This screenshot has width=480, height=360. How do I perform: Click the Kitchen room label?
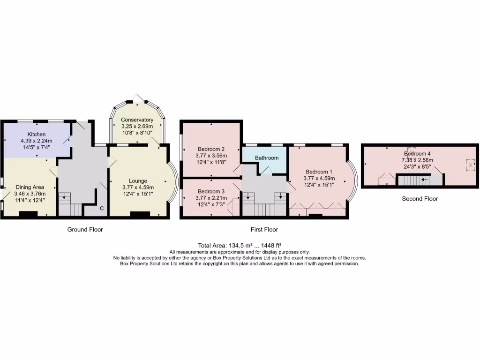36,135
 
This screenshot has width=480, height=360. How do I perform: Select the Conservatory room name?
137,120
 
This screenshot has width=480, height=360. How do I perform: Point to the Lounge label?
138,181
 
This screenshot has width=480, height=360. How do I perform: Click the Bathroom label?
267,158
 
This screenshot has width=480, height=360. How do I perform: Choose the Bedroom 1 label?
319,172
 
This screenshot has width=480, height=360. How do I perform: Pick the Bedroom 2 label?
211,150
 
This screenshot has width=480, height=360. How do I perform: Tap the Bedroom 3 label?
211,191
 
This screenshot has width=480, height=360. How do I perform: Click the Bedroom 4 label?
417,154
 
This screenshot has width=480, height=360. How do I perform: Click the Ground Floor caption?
85,230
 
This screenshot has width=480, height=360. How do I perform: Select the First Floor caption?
264,230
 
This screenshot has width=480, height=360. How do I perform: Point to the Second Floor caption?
420,199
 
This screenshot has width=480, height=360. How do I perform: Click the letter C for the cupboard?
101,209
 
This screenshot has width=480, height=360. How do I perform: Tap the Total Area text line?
240,245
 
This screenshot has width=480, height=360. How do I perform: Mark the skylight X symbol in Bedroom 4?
470,165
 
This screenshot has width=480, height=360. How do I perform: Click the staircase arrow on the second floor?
425,180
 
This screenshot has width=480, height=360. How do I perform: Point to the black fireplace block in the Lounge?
140,215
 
